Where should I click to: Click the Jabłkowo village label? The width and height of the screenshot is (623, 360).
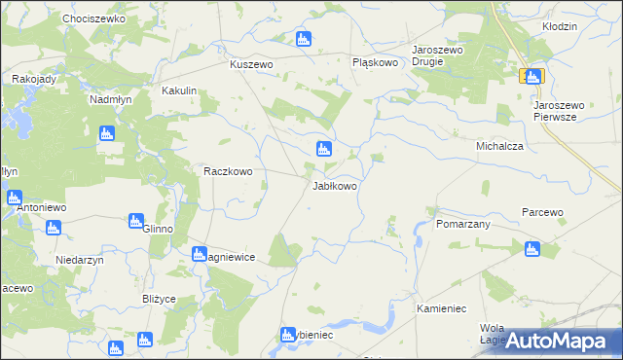(x=334, y=186)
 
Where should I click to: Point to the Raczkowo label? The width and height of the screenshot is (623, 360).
(x=228, y=171)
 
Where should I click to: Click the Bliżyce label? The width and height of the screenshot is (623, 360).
(x=159, y=299)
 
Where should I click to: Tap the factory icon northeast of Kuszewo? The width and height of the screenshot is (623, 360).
(x=303, y=39)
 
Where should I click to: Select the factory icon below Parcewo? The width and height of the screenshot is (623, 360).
(x=531, y=249)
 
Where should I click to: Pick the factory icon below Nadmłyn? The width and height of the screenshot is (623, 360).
(x=107, y=135)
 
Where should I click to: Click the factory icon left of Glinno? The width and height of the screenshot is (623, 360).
(x=137, y=221)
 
